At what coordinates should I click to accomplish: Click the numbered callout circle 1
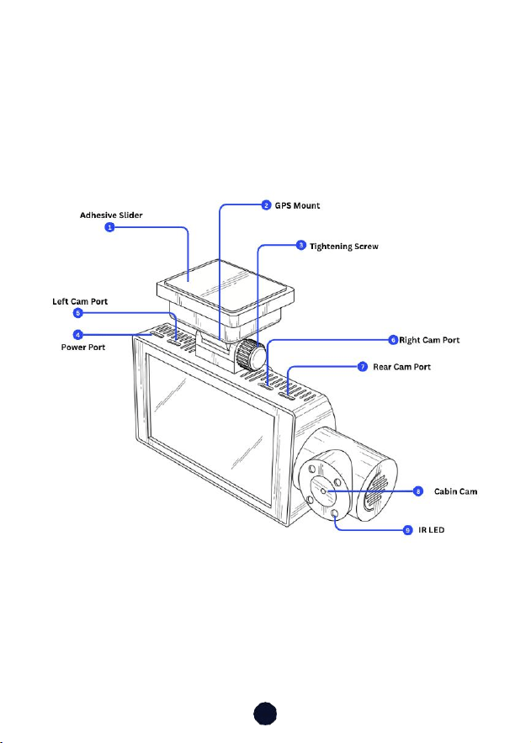tap(109, 227)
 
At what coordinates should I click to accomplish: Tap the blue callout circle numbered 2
tap(266, 205)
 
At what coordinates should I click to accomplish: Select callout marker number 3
tap(300, 246)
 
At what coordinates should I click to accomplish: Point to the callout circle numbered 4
tap(78, 335)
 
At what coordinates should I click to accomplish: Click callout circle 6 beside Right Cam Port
tap(393, 340)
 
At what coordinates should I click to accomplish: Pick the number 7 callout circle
tap(363, 367)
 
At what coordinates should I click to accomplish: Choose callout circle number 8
tap(417, 491)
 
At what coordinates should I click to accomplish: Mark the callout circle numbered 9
tap(408, 530)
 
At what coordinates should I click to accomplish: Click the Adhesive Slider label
tap(111, 215)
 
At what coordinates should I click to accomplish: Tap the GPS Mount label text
tap(297, 205)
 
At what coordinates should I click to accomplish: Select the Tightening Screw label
tap(344, 247)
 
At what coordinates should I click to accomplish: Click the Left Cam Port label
tap(80, 301)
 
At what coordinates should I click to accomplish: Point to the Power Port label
tap(83, 348)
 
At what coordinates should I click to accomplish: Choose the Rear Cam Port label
tap(401, 367)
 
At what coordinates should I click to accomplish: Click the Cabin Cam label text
tap(455, 491)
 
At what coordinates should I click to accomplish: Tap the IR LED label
tap(431, 530)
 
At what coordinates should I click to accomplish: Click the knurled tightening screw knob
tap(251, 355)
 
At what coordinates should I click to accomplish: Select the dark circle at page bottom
tap(265, 714)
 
